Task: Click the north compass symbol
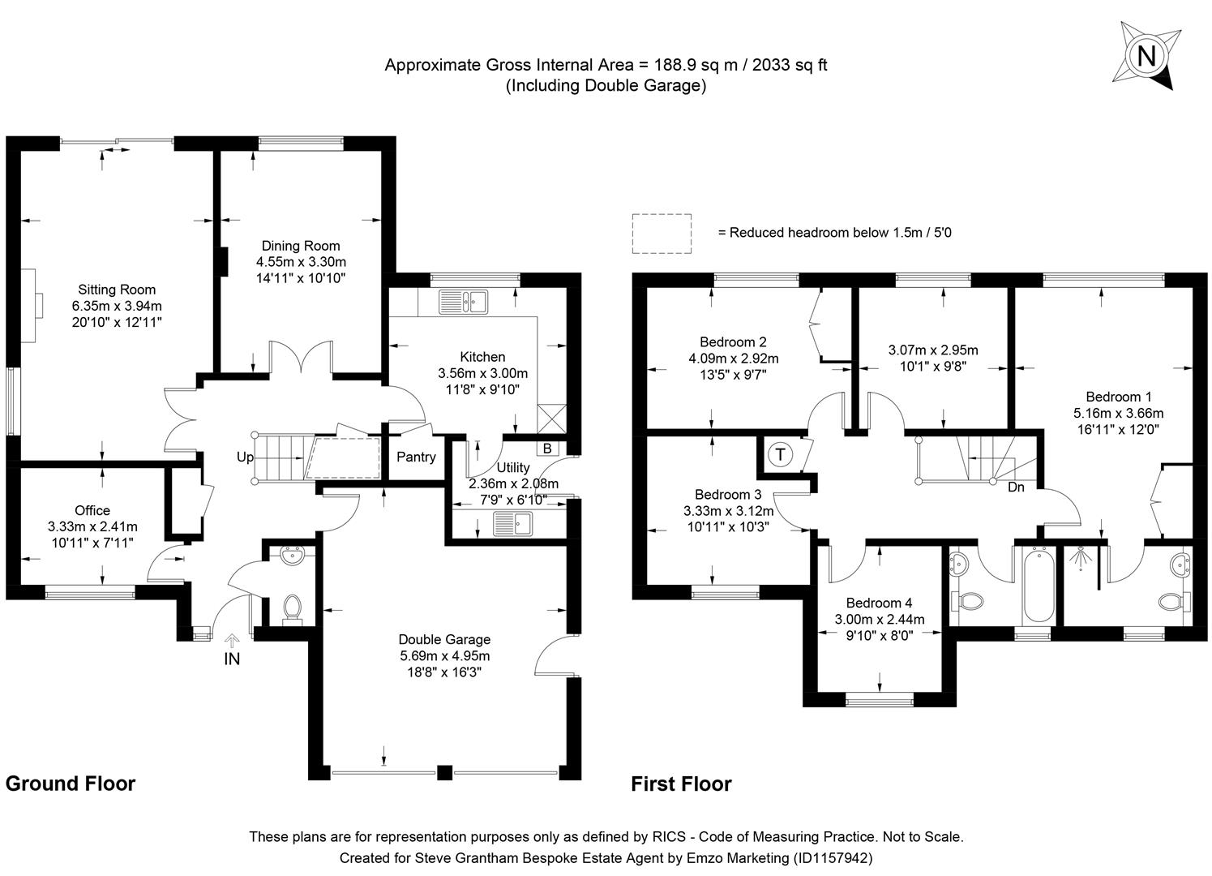1146,55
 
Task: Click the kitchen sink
462,302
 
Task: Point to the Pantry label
416,457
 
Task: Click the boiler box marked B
546,448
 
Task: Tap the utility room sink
512,525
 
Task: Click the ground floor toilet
291,608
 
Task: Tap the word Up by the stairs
245,457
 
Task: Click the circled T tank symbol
780,454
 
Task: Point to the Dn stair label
1016,487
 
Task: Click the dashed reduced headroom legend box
662,234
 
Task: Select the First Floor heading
681,784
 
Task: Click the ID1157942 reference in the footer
833,857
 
